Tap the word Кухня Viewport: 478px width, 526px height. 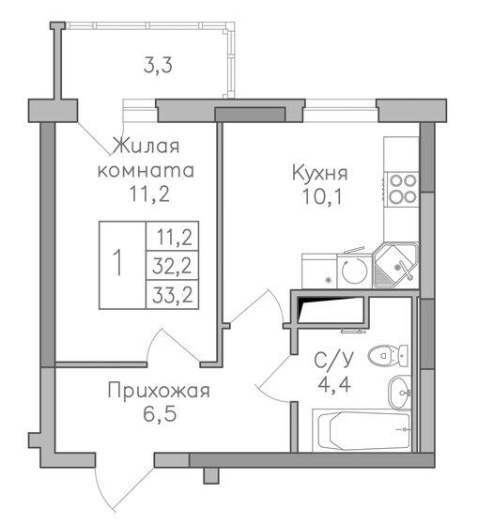click(320, 173)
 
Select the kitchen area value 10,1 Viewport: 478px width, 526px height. click(320, 197)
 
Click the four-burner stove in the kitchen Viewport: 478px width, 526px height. click(403, 189)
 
